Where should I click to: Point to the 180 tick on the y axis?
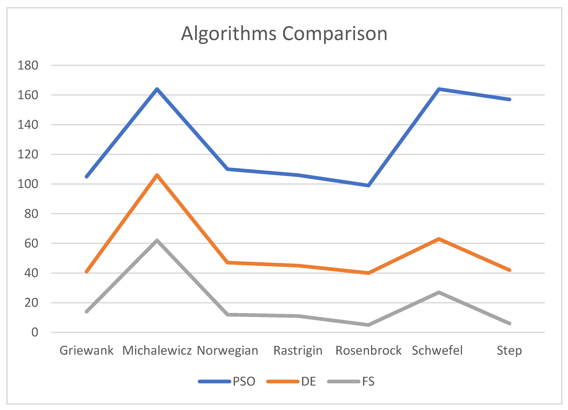[28, 66]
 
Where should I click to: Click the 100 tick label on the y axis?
[28, 184]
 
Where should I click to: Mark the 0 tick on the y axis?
[34, 332]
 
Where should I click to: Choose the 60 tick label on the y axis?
[31, 243]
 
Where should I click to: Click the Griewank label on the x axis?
[86, 350]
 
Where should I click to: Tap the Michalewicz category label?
[157, 350]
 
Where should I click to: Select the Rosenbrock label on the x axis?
[368, 350]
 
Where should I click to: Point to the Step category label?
[509, 350]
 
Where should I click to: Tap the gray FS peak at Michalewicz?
[157, 241]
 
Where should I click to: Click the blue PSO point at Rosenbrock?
[368, 185]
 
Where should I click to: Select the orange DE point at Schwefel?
[439, 239]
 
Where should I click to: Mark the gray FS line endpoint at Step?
[509, 324]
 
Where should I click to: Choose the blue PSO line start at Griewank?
[87, 176]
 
